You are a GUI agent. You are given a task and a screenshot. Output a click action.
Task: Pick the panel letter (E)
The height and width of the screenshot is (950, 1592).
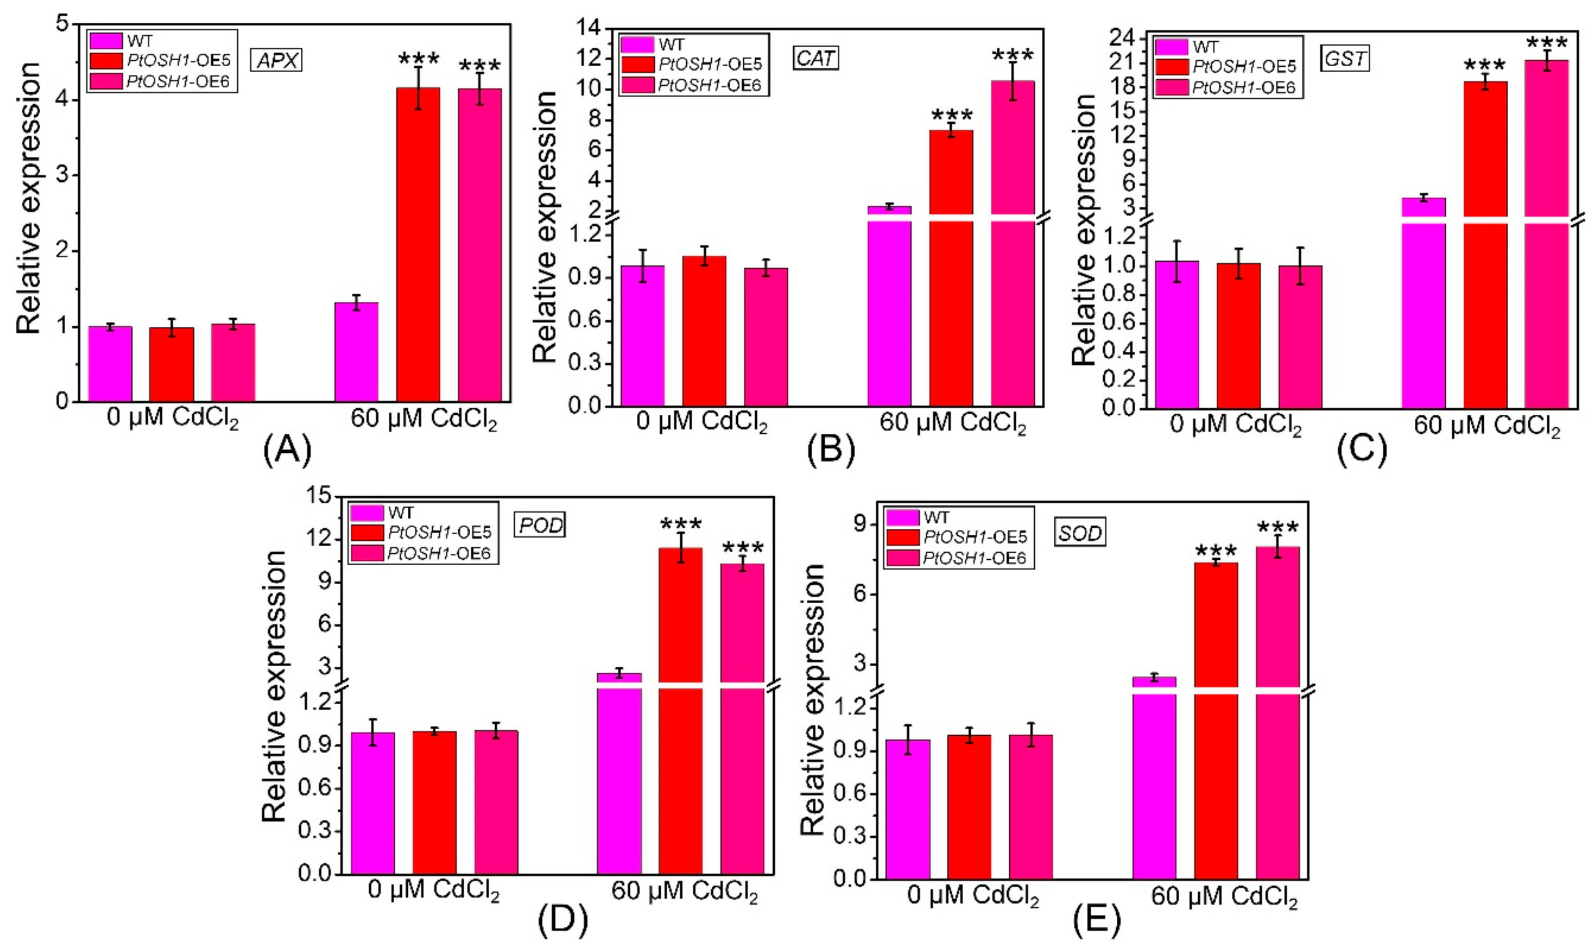[x=1097, y=920]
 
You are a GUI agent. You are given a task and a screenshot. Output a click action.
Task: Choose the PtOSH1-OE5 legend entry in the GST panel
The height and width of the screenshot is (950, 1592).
[x=1243, y=67]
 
